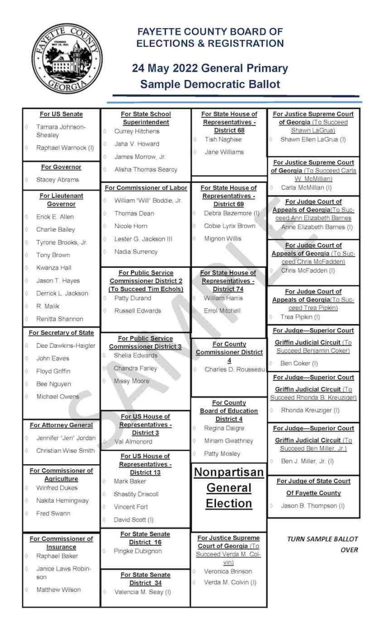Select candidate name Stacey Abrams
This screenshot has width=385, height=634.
point(57,179)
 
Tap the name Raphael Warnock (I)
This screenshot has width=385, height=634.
point(65,148)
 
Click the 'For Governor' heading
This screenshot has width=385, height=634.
point(61,167)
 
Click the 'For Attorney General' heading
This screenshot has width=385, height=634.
point(61,425)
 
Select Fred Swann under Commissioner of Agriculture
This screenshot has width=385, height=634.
point(53,513)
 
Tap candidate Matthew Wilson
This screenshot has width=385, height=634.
point(58,589)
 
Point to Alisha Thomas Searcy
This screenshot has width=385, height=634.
point(145,169)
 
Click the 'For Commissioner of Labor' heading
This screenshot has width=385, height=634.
point(146,188)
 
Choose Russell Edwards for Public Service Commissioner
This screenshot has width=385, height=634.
point(137,311)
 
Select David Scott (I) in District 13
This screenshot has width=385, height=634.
point(133,520)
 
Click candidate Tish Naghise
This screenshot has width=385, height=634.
point(223,139)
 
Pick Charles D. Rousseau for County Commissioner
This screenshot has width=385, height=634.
point(234,369)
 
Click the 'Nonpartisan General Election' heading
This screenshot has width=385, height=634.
point(229,488)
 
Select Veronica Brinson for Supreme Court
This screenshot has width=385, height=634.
point(228,571)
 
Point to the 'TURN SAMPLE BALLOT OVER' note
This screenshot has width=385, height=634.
point(322,544)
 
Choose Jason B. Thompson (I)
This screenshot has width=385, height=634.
point(312,506)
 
